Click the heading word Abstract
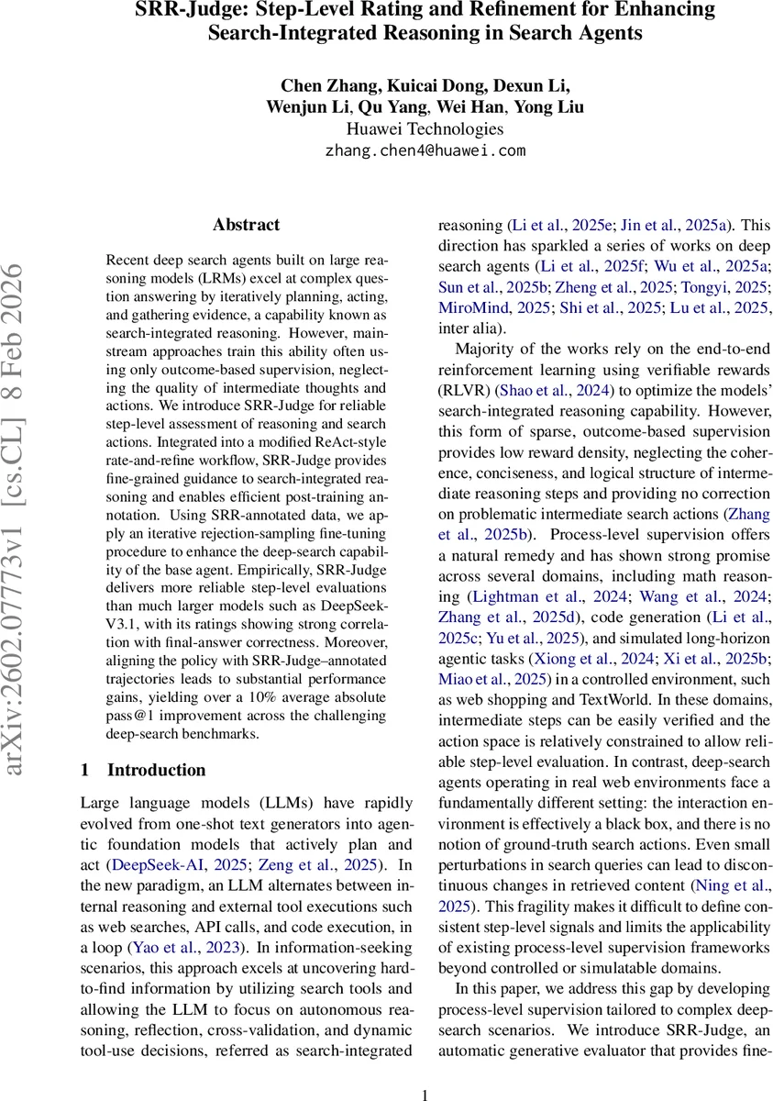click(246, 225)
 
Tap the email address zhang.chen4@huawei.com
click(425, 150)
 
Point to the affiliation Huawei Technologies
click(425, 129)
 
